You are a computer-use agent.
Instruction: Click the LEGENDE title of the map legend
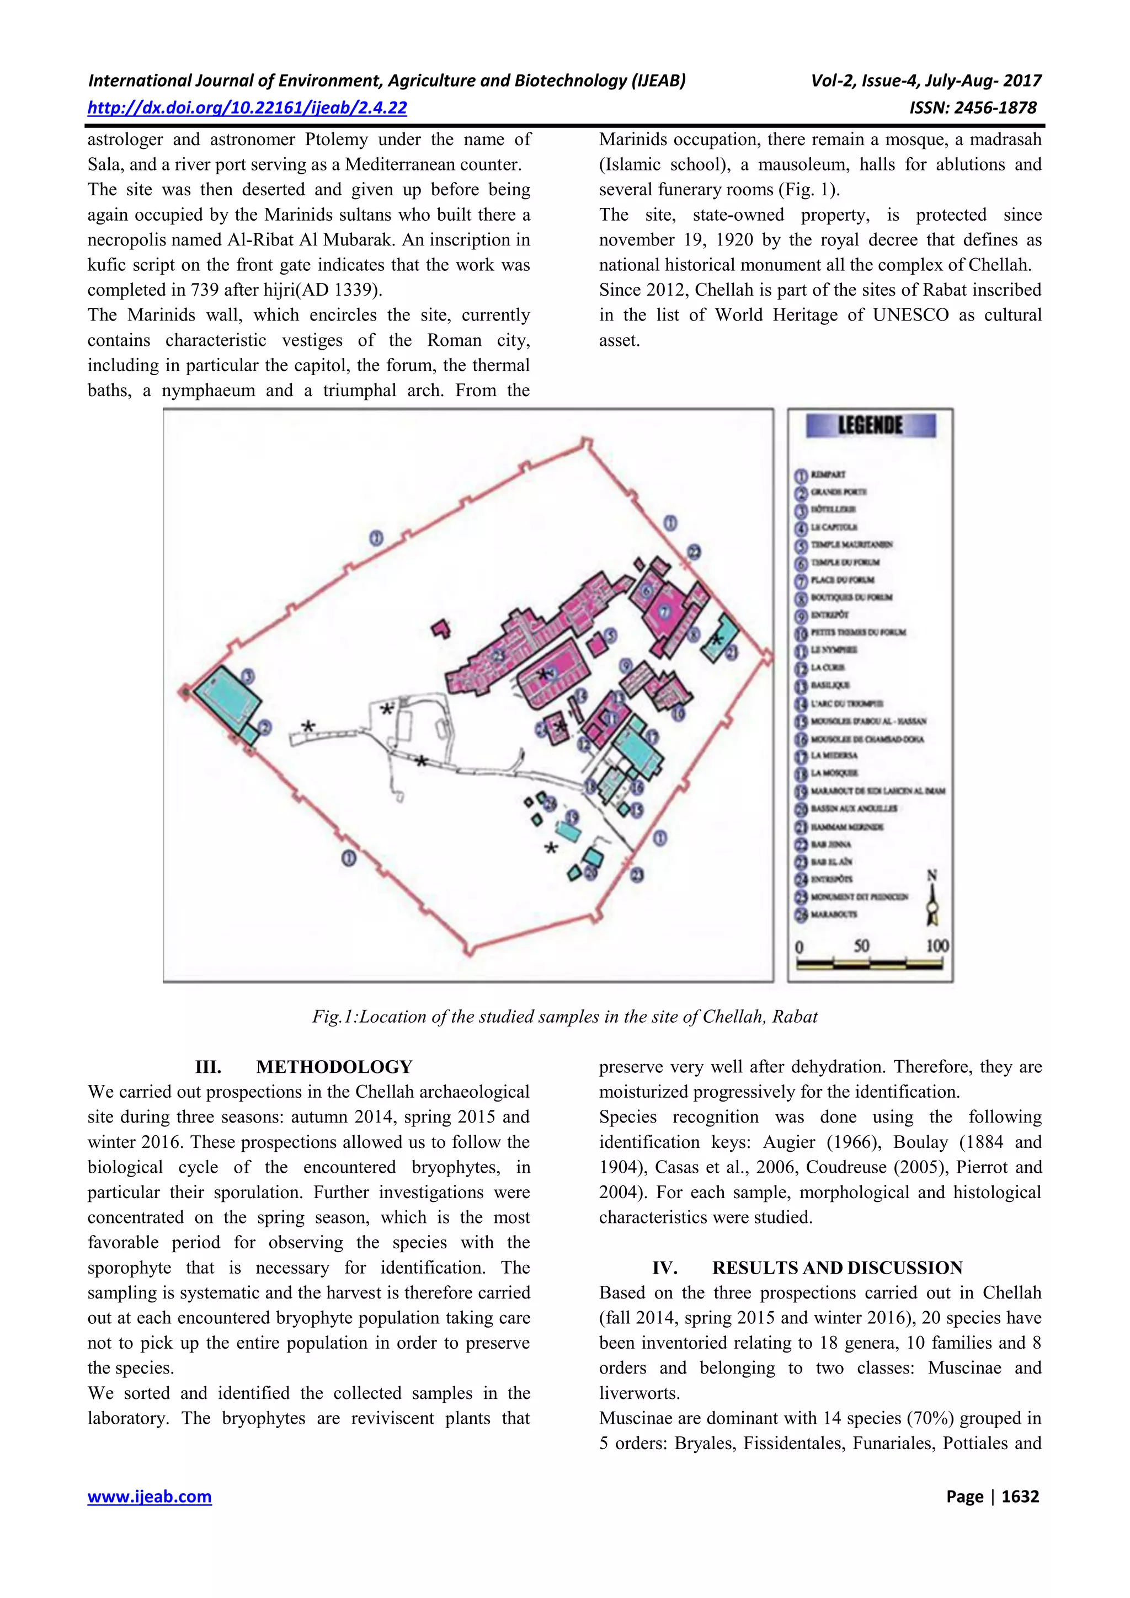(x=870, y=425)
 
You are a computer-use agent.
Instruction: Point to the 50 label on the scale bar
(x=861, y=945)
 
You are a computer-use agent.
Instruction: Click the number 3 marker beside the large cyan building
(x=247, y=675)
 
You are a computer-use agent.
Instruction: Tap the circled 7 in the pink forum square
(x=664, y=612)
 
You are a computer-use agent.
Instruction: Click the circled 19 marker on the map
(x=572, y=816)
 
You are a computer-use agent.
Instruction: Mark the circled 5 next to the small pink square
(x=611, y=635)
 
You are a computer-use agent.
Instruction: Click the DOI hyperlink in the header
(x=247, y=108)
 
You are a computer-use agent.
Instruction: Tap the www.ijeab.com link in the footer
(x=149, y=1497)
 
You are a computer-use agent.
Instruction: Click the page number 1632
(x=1020, y=1497)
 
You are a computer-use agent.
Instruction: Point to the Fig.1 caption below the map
(x=564, y=1017)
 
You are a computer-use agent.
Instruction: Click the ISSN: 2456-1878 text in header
(x=973, y=108)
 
